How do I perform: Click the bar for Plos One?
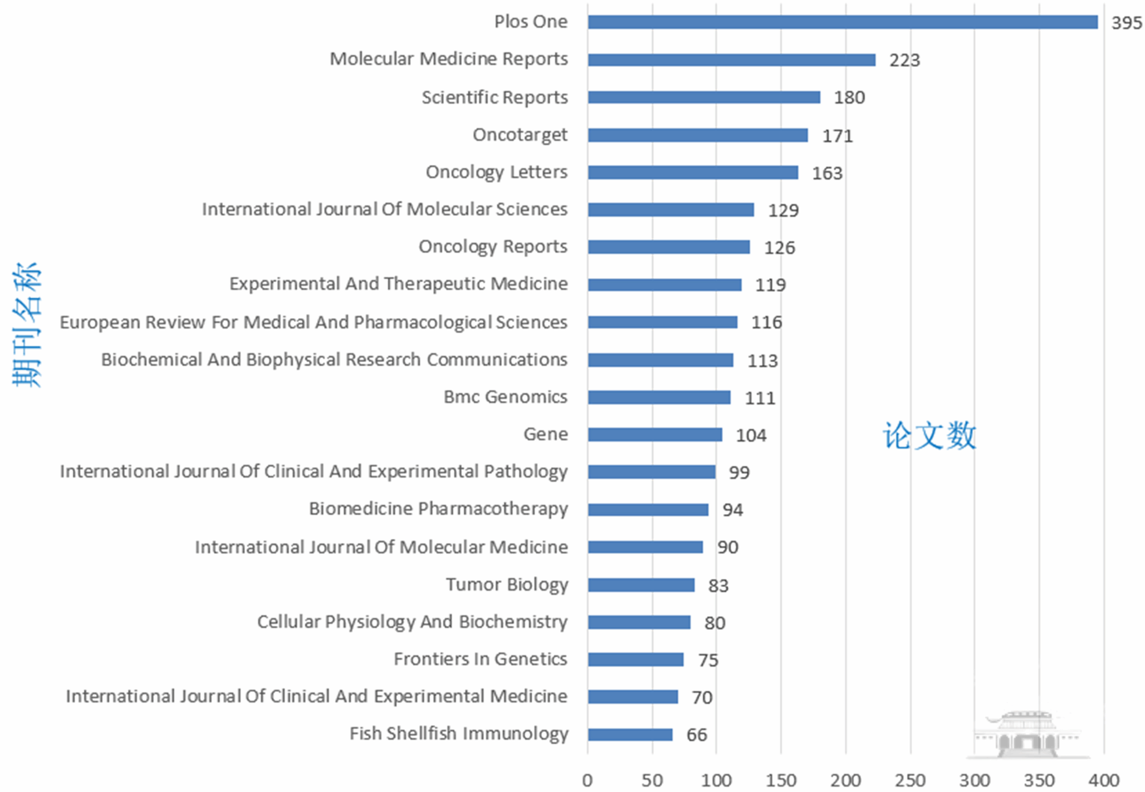click(x=842, y=22)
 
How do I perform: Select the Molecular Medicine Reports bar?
click(x=731, y=60)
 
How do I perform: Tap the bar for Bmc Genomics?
click(x=659, y=397)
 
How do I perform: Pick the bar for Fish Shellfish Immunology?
click(x=630, y=735)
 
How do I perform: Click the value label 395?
click(x=1126, y=23)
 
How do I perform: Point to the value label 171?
click(x=837, y=136)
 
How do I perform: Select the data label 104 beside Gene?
click(x=751, y=435)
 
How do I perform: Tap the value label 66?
click(x=696, y=735)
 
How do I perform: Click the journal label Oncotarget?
click(x=520, y=135)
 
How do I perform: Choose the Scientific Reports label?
click(x=495, y=97)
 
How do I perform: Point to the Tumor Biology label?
click(x=506, y=584)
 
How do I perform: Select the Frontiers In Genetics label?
click(x=480, y=659)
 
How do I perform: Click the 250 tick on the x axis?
click(x=910, y=780)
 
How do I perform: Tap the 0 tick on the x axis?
click(x=587, y=780)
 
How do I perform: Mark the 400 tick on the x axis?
click(x=1104, y=780)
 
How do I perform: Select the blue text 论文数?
click(x=929, y=435)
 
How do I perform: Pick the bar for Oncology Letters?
click(x=693, y=173)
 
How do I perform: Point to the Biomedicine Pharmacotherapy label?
click(x=438, y=509)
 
